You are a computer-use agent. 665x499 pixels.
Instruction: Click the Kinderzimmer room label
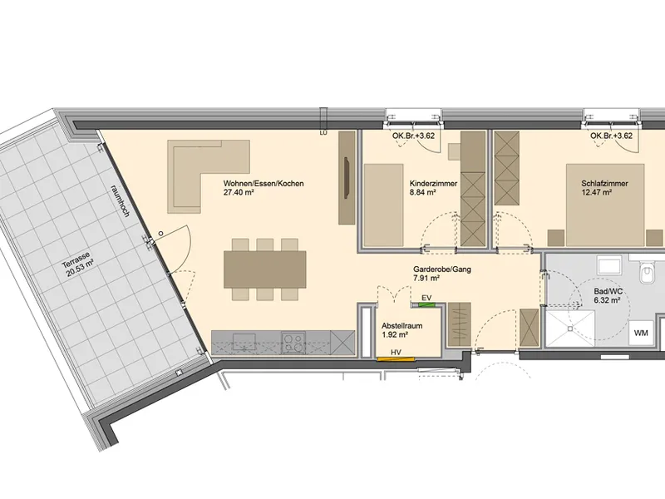(433, 184)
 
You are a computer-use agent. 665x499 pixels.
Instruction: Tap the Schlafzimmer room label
(605, 184)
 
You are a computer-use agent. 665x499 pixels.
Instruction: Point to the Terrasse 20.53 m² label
(77, 264)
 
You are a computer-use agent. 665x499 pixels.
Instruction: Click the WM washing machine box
(641, 333)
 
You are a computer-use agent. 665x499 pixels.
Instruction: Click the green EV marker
(426, 304)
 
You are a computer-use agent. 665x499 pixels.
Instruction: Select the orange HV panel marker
(396, 360)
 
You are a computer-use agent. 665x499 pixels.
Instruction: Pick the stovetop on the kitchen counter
(294, 343)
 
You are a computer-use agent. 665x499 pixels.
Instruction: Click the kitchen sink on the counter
(244, 342)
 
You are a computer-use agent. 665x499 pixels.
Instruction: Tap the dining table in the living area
(265, 269)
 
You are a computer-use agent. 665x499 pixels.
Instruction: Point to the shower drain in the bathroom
(570, 328)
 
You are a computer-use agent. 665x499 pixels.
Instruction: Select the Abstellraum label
(402, 326)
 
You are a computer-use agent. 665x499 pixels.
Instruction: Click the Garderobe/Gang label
(442, 269)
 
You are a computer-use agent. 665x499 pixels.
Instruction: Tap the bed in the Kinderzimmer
(384, 205)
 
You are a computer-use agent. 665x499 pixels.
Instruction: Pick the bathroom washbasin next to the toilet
(610, 264)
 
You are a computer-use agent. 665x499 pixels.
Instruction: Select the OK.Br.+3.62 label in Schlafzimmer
(611, 136)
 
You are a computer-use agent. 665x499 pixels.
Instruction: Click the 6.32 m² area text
(605, 300)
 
